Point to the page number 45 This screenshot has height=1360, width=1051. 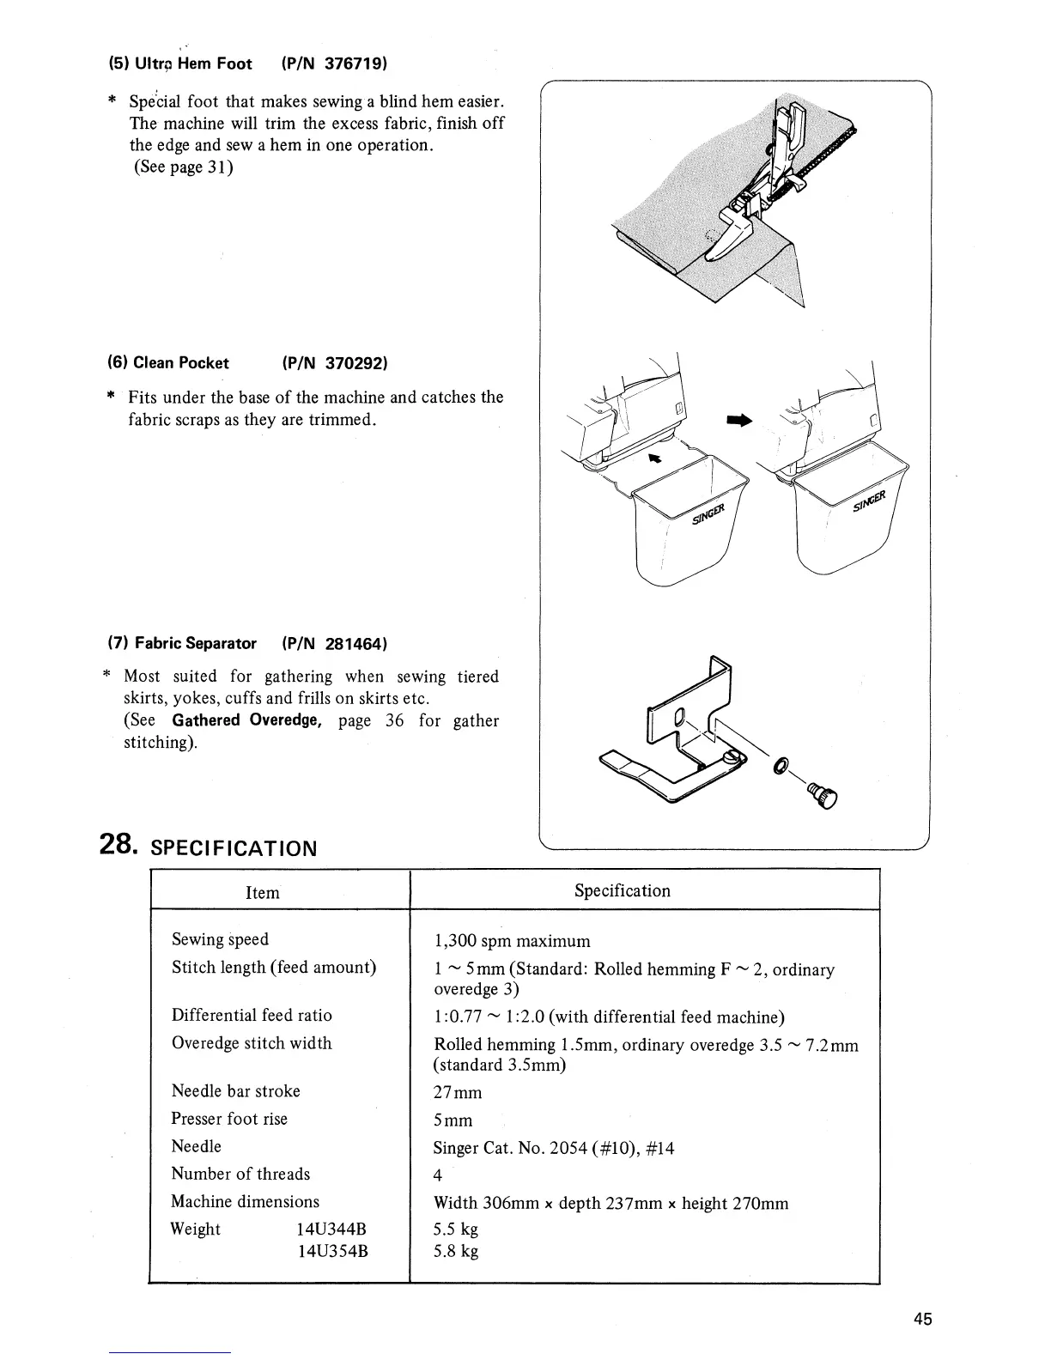point(923,1320)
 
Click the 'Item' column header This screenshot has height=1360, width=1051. point(263,893)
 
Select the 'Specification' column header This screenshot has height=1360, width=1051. point(623,890)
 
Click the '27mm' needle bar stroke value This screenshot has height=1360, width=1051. point(459,1093)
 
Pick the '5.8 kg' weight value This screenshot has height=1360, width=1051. point(457,1251)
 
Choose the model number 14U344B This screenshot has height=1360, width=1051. point(332,1229)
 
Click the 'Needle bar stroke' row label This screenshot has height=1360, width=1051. point(236,1091)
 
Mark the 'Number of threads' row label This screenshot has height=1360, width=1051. point(240,1174)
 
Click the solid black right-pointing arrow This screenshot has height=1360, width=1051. point(738,420)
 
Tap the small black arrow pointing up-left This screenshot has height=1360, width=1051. point(657,459)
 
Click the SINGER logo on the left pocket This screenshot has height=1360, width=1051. point(709,513)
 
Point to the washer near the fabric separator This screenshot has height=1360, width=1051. point(781,764)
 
